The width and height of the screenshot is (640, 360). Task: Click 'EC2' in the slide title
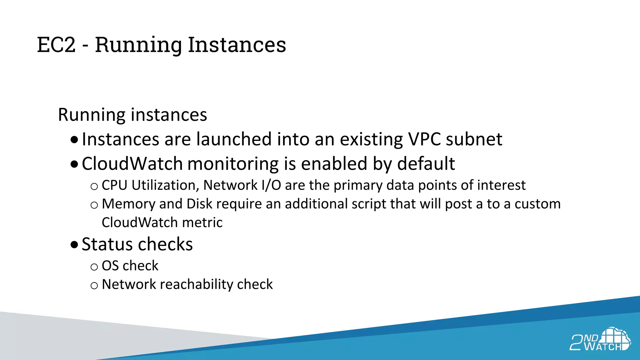click(56, 45)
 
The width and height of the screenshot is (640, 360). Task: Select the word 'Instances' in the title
click(237, 45)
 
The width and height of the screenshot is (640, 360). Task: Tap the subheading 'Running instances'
click(132, 115)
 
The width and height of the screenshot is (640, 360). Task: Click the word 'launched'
click(234, 139)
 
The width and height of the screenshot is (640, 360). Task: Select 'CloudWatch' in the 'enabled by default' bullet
click(132, 164)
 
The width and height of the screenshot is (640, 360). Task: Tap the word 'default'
click(426, 164)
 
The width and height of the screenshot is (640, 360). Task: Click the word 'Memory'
click(128, 204)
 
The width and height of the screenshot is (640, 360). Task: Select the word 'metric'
click(202, 222)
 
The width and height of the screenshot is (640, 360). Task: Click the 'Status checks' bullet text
click(137, 244)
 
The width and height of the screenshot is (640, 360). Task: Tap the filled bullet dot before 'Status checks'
click(74, 244)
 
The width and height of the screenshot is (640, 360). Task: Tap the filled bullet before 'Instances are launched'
click(74, 139)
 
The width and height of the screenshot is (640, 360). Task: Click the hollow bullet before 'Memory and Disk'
click(94, 205)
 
